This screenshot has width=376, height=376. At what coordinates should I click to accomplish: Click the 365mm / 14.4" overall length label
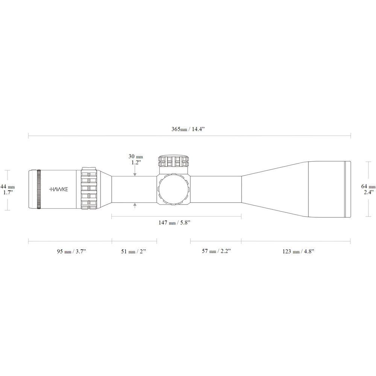[190, 129]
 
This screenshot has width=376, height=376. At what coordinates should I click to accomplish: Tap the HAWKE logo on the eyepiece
[59, 189]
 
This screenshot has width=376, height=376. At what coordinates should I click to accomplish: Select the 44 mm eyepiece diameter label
[8, 186]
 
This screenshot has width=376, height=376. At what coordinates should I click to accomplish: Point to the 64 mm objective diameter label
[368, 186]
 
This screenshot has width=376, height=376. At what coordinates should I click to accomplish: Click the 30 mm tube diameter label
[135, 156]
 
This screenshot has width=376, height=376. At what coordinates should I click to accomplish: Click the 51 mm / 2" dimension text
[133, 251]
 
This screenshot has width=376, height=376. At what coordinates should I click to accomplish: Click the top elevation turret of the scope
[174, 162]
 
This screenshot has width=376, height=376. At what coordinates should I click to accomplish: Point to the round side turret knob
[173, 189]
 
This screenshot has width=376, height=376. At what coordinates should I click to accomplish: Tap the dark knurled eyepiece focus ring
[39, 189]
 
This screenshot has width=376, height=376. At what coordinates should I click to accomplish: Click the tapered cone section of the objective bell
[274, 189]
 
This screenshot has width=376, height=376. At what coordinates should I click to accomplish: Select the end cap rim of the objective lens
[348, 189]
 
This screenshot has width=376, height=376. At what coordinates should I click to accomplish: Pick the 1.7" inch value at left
[8, 192]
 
